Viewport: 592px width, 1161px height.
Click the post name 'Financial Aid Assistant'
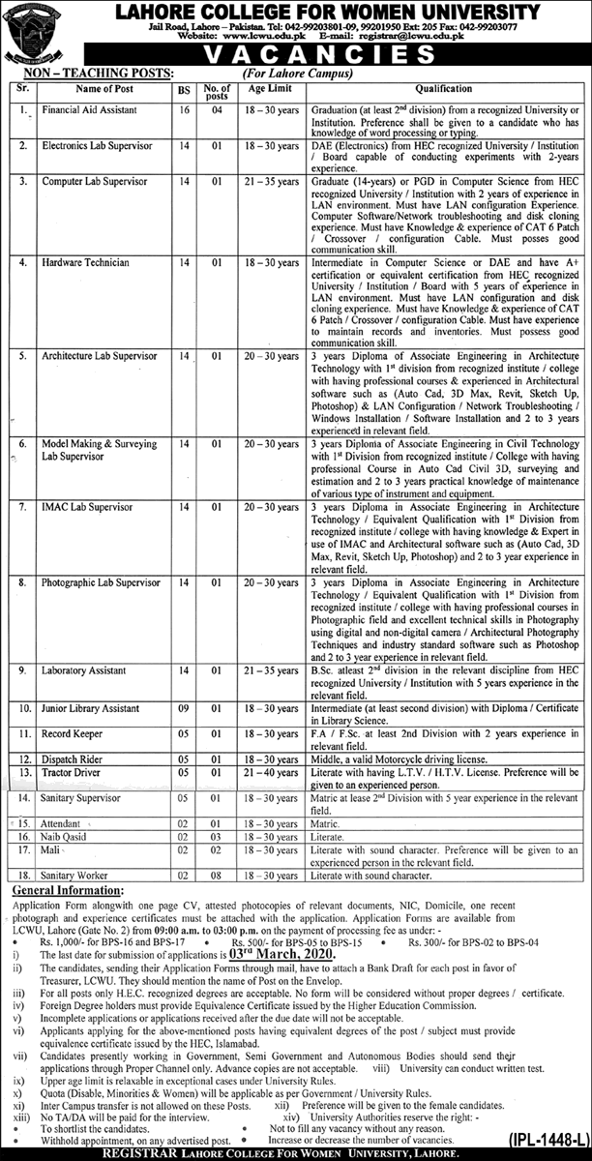(x=84, y=112)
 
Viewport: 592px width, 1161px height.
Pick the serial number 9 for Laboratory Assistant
(x=19, y=670)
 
